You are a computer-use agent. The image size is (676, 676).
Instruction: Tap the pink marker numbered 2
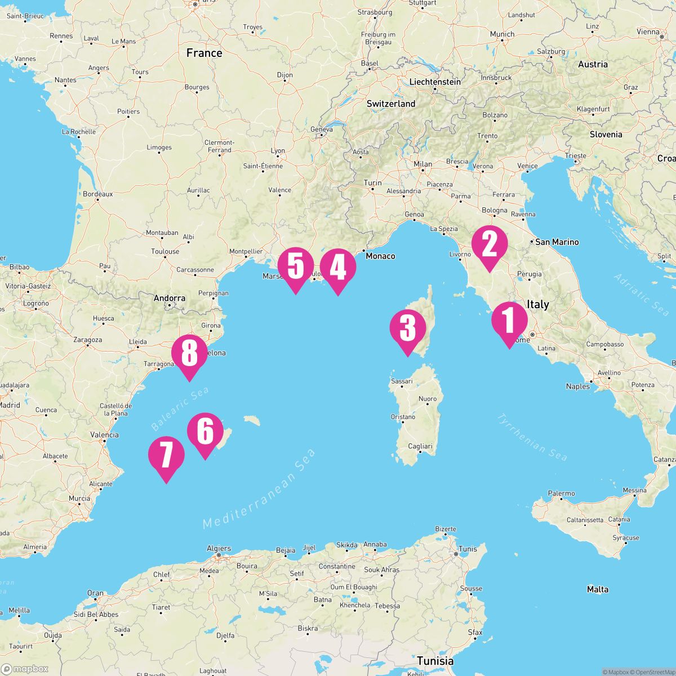pos(488,245)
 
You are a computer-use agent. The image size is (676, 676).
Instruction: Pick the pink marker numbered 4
pos(337,268)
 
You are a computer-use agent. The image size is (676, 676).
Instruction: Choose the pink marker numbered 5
pos(295,267)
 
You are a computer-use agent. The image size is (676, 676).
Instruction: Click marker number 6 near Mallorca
pos(205,433)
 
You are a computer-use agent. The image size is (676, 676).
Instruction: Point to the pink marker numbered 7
pos(166,456)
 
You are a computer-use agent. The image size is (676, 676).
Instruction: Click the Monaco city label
pos(380,256)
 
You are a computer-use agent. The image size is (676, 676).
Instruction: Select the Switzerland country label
pos(391,104)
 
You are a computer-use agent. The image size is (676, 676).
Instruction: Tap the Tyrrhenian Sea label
pos(532,437)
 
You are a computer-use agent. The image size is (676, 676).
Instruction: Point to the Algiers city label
pos(219,548)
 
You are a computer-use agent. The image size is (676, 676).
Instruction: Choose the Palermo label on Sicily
pos(561,493)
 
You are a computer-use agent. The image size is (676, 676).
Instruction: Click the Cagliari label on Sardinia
pos(420,446)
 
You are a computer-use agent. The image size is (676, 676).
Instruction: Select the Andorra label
pos(169,298)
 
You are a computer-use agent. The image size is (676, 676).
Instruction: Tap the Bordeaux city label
pos(97,194)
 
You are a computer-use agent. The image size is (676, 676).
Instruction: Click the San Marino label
pos(557,242)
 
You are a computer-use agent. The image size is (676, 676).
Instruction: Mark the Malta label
pos(597,589)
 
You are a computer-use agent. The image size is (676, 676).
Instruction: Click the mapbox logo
pos(25,669)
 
